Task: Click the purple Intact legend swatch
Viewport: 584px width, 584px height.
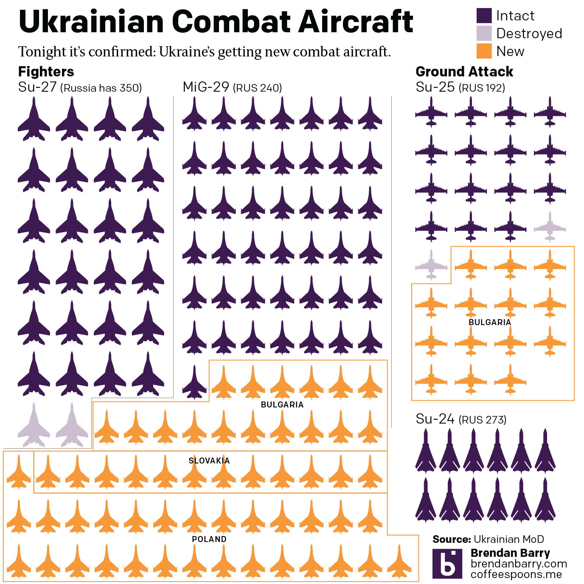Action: pos(484,16)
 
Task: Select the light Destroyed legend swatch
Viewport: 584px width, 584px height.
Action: pos(484,34)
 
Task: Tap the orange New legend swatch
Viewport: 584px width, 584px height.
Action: pos(484,51)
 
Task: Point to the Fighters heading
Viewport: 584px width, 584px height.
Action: pos(46,71)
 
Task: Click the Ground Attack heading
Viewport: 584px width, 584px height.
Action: pos(464,71)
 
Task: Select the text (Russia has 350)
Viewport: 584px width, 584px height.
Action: pos(101,88)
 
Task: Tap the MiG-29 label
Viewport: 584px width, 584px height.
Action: pos(206,87)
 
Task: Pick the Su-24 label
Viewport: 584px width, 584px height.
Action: pos(435,419)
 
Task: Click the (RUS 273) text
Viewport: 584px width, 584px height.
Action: pos(483,420)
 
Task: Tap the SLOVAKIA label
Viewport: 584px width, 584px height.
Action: pos(209,460)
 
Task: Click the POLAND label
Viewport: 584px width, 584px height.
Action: pos(209,539)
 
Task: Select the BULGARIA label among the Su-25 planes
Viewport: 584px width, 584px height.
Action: pos(489,322)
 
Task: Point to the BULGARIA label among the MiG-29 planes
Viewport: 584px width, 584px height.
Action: pos(282,404)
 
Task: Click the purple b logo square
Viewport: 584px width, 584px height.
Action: pos(447,564)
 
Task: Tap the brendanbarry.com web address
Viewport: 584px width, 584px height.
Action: pos(519,564)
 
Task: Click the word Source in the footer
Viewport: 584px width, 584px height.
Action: pos(452,539)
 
